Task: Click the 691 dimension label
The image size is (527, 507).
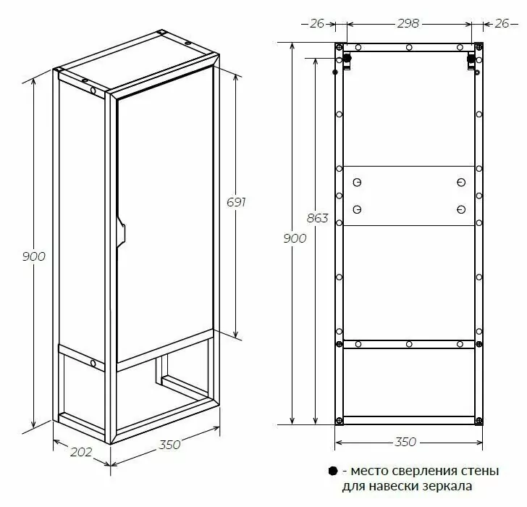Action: (x=236, y=202)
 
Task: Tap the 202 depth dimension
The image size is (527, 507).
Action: (x=81, y=452)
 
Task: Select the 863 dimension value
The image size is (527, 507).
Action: (x=317, y=218)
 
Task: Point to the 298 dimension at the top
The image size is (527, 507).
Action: (x=408, y=23)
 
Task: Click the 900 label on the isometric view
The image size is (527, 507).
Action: (x=33, y=256)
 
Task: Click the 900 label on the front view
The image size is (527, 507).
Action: (x=295, y=238)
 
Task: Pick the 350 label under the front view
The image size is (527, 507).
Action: (x=405, y=442)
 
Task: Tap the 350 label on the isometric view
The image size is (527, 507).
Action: (x=169, y=445)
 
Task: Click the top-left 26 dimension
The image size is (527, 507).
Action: (x=317, y=23)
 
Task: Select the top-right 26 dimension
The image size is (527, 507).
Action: (x=502, y=23)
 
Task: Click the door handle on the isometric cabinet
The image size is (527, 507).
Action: (x=121, y=232)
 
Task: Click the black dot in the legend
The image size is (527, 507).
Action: (x=333, y=471)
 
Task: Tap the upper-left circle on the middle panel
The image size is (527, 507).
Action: (x=357, y=183)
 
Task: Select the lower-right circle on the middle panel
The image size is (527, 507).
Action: (x=461, y=210)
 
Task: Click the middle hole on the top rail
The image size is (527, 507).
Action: (x=409, y=47)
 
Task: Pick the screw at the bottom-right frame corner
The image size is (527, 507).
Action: (x=479, y=421)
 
